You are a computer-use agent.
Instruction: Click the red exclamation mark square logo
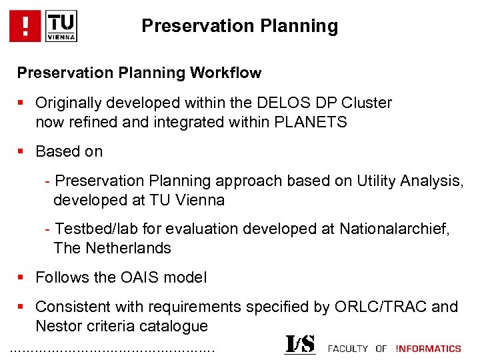[25, 26]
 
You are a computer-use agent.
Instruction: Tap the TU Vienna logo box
[62, 26]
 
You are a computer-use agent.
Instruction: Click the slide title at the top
[239, 26]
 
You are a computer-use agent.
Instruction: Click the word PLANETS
[312, 123]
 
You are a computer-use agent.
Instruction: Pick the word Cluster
[366, 103]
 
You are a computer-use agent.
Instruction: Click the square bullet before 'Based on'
[21, 152]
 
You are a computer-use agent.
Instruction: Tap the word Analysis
[435, 181]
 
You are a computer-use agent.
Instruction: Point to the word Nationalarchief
[395, 229]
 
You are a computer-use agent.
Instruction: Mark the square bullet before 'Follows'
[21, 278]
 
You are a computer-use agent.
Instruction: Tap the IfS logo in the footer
[299, 344]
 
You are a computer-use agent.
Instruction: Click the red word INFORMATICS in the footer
[428, 348]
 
